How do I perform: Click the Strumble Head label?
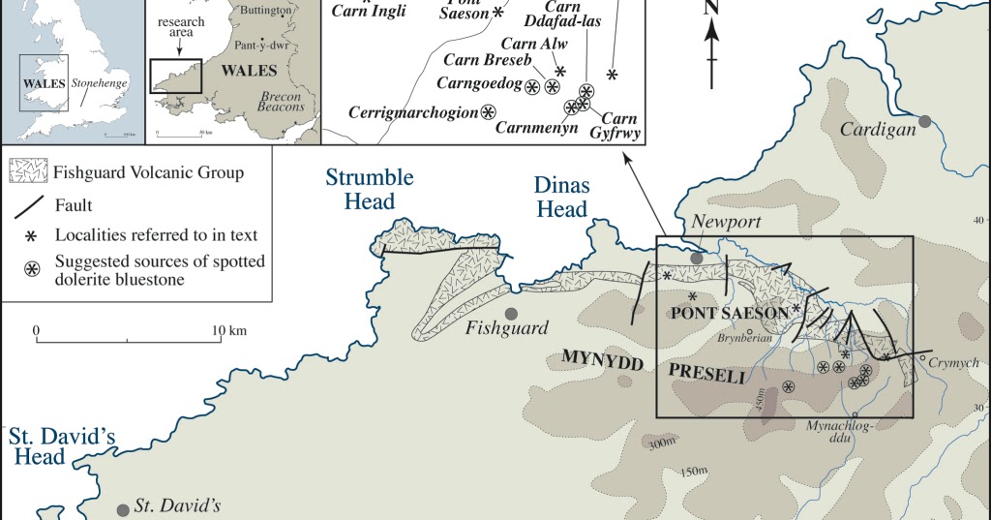pos(370,189)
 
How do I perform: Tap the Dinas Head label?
pos(560,199)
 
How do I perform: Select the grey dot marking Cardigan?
pos(925,121)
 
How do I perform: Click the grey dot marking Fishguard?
pos(511,313)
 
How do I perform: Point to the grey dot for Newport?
pos(697,259)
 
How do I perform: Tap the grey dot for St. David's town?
pos(123,509)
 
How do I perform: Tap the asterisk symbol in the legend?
pos(30,235)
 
